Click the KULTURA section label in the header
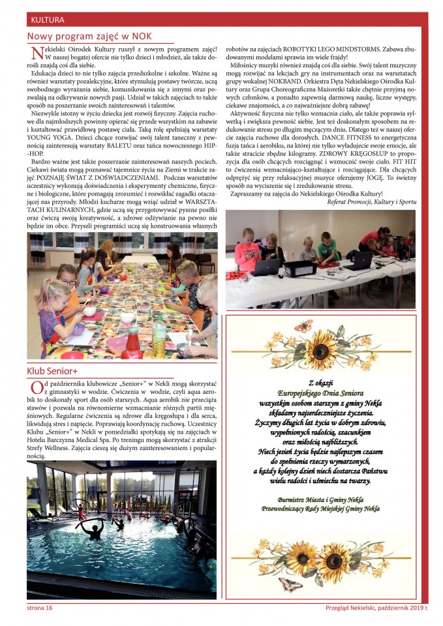tap(48, 20)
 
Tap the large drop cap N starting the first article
tap(35, 53)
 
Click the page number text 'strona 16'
tap(39, 608)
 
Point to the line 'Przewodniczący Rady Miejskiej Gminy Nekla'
tap(320, 508)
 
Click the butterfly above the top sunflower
tap(303, 325)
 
